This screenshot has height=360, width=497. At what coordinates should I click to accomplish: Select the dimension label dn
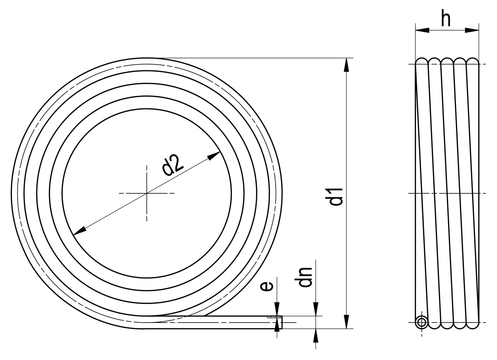point(305,277)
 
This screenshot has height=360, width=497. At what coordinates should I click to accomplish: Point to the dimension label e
point(266,286)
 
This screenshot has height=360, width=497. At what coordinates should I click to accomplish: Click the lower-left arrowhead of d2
point(79,231)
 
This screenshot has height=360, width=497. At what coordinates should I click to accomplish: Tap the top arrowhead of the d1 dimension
point(346,64)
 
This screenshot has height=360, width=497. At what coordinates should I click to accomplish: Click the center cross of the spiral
point(146,194)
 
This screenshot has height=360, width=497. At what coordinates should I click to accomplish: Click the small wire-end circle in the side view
point(421,322)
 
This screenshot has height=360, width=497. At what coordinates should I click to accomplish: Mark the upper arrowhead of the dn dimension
point(316,309)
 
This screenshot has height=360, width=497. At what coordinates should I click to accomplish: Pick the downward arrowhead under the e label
point(277,309)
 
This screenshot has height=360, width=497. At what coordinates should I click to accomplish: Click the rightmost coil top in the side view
point(473,60)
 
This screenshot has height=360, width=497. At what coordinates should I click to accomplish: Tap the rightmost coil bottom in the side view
point(473,326)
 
